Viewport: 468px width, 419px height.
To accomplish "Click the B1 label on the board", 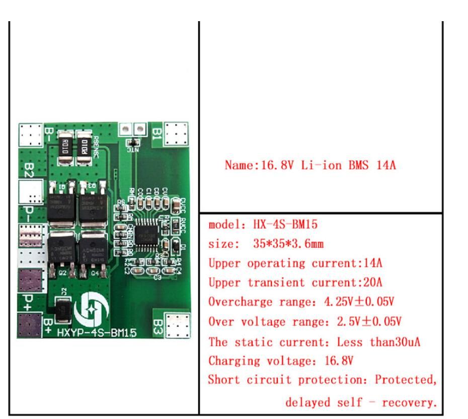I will tap(157, 133).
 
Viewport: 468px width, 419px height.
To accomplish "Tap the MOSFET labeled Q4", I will tap(94, 252).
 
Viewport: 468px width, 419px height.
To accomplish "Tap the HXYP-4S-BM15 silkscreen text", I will tap(96, 332).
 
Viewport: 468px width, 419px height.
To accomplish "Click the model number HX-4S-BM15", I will tap(285, 225).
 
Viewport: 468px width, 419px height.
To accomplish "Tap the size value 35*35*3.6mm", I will tap(288, 244).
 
